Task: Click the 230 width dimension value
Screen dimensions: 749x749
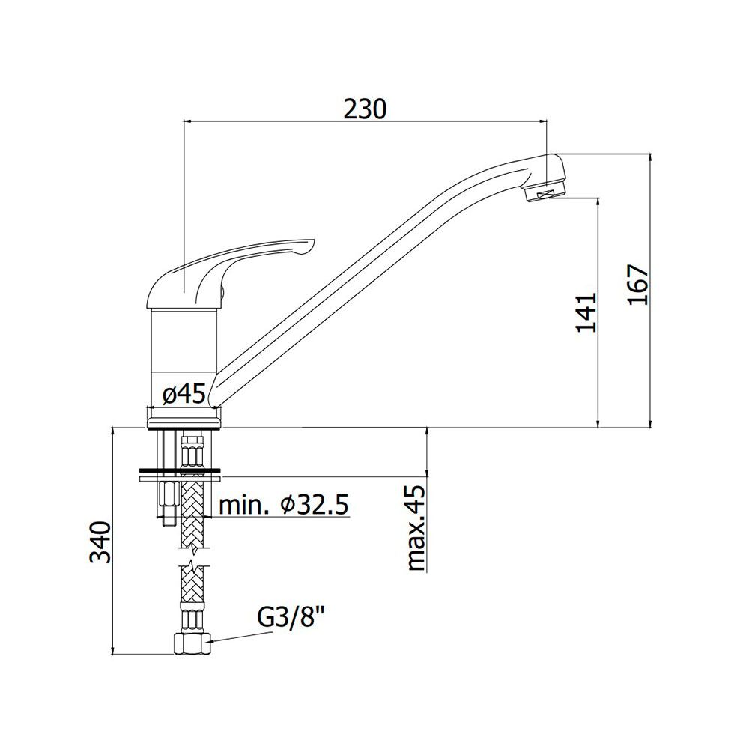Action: tap(365, 109)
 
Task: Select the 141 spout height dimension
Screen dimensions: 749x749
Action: tap(586, 312)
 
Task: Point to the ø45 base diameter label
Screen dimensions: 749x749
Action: tap(184, 395)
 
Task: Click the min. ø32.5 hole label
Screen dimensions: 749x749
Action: tap(284, 504)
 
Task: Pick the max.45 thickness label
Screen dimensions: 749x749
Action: tap(416, 528)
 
